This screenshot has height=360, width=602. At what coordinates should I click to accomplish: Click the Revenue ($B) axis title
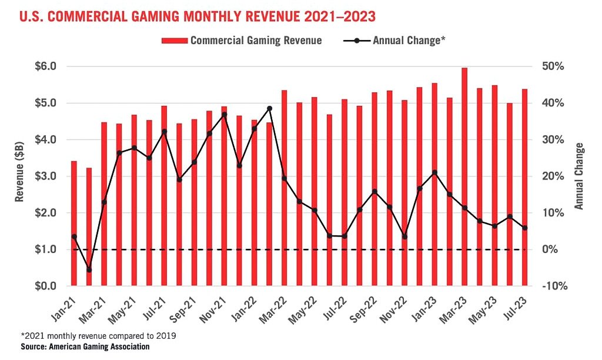point(20,175)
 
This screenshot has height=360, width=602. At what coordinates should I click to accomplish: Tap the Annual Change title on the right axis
point(579,176)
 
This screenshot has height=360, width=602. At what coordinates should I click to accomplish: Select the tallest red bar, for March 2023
point(464,176)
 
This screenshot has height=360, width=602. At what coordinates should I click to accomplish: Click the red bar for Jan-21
point(74,224)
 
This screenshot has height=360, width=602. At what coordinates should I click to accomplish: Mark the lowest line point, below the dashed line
point(89,269)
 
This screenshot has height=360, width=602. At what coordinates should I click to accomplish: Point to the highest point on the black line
point(269,108)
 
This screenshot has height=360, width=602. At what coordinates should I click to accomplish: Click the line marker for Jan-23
point(434,172)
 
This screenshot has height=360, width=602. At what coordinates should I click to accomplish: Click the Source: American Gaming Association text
point(85,347)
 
